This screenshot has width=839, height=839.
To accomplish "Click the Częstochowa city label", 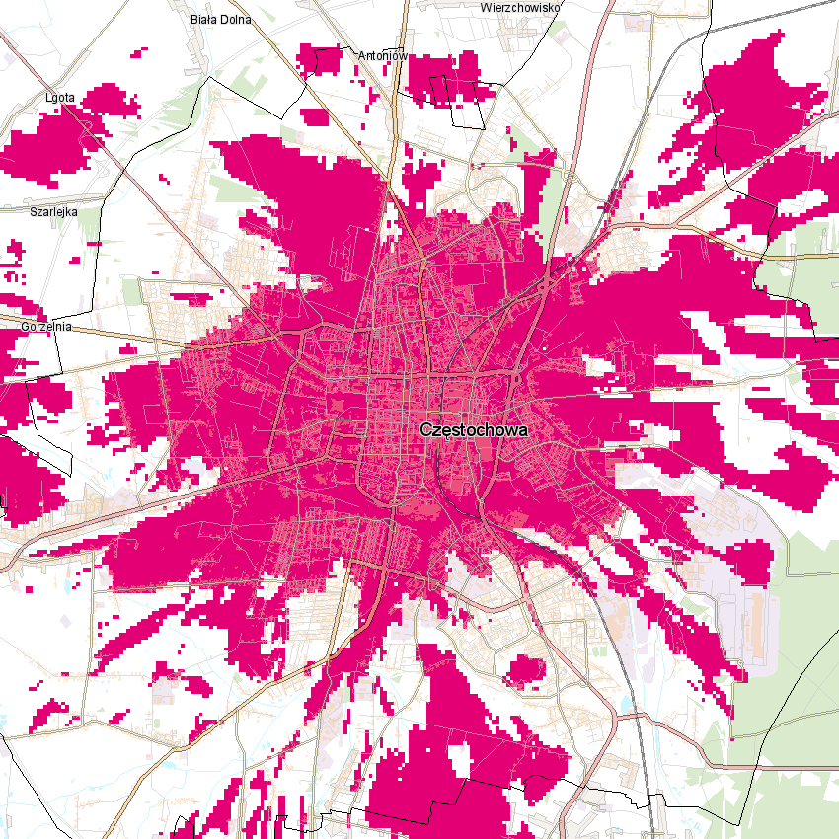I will (x=474, y=430).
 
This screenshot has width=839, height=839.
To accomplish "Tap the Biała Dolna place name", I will (x=221, y=19).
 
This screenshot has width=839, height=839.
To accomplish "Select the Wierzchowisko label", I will (x=520, y=7).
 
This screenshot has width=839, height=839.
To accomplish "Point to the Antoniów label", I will (x=383, y=56).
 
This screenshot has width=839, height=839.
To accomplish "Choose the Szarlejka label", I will (x=53, y=211).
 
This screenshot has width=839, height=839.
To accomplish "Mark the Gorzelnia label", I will (x=45, y=325).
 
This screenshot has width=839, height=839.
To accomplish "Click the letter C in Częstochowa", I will (x=425, y=430).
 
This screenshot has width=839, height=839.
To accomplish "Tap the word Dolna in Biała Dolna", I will (x=236, y=19).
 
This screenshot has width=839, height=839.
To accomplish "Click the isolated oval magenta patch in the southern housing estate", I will (x=525, y=672).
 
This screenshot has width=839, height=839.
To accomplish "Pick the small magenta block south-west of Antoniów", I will (x=314, y=116).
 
